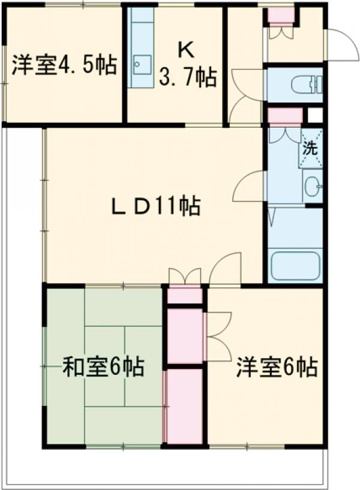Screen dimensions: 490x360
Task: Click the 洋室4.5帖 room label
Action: click(63, 64)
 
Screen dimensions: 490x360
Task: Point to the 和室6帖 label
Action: click(103, 367)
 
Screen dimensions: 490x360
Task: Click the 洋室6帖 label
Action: click(276, 367)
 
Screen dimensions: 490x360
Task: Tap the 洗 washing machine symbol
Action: click(310, 149)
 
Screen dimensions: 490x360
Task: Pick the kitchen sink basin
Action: click(142, 62)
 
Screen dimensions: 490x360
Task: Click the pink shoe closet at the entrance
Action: click(281, 15)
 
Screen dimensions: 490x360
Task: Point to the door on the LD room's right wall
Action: click(248, 186)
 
